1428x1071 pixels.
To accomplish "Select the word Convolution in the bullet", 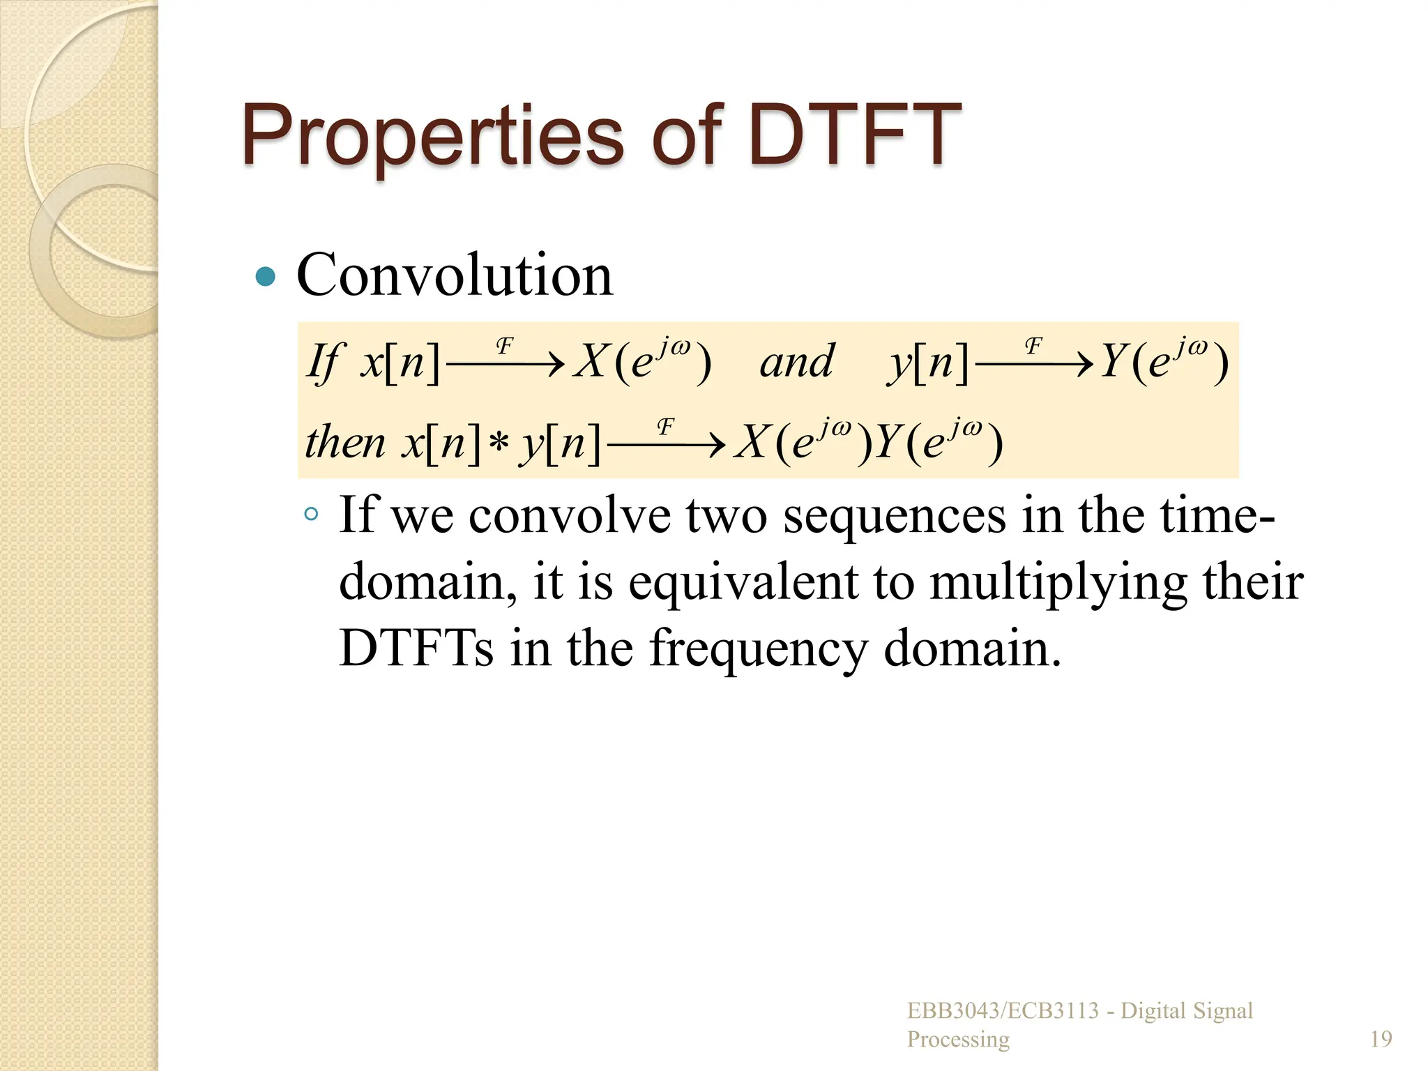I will click(x=455, y=275).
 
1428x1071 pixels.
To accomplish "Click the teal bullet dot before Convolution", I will click(x=266, y=277).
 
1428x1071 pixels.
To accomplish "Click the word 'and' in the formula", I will click(x=796, y=363).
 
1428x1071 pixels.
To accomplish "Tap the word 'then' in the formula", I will click(x=345, y=443).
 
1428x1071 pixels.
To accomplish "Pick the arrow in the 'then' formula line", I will click(x=666, y=444).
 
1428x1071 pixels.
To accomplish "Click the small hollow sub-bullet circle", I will click(x=312, y=515).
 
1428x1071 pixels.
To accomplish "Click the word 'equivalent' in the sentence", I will click(x=743, y=582).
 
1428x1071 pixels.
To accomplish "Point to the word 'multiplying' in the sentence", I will click(x=1058, y=582).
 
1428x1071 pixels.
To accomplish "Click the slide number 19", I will click(x=1381, y=1040).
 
